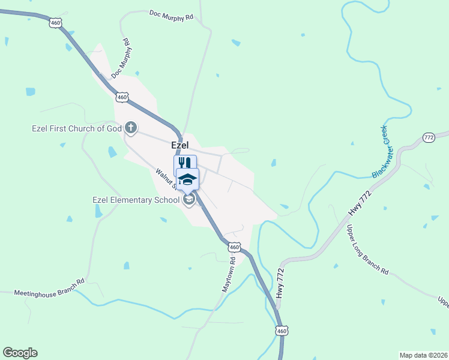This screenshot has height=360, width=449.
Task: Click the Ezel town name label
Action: [x=180, y=145]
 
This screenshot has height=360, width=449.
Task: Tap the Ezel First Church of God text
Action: [x=77, y=128]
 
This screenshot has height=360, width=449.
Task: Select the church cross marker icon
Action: [x=130, y=128]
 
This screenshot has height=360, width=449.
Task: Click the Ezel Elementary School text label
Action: [x=136, y=200]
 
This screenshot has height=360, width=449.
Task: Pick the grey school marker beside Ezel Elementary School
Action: [x=189, y=199]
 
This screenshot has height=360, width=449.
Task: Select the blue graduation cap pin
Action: [x=187, y=179]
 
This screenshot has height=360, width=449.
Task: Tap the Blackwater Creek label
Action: [x=381, y=151]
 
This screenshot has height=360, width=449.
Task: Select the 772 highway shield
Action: [x=429, y=137]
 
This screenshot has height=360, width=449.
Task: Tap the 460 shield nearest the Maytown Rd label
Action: [x=235, y=247]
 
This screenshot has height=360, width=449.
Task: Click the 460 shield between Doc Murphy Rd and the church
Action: [x=122, y=97]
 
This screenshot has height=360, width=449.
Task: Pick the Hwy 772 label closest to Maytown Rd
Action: [x=280, y=281]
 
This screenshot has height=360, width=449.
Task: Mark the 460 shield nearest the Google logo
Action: [x=282, y=331]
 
